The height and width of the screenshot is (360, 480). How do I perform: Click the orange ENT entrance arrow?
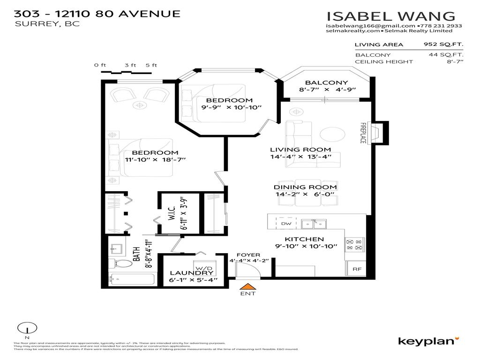pos(248,286)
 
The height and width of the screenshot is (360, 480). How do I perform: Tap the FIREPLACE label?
pos(363,133)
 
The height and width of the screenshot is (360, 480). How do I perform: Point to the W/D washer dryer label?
pos(201,264)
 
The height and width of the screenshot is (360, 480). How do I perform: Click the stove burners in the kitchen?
pos(354,244)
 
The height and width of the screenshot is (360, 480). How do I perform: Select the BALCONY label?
pos(321,82)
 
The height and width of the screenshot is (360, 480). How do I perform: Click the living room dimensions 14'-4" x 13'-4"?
pos(300,157)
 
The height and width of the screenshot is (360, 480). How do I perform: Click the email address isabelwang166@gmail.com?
pos(370,26)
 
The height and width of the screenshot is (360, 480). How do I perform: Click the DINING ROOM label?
pos(305,187)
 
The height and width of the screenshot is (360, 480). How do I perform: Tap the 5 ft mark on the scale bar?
pos(151,66)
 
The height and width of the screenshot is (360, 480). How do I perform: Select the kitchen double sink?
pos(314,224)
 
